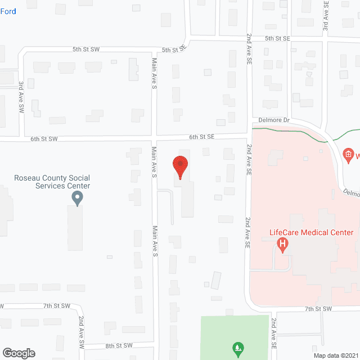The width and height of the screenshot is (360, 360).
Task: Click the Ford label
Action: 8,11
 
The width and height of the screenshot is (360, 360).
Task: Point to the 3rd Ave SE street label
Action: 326,16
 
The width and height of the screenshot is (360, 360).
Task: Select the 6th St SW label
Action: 44,138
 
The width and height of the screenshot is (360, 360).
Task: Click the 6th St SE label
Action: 201,137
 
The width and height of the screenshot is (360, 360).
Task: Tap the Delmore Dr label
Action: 274,120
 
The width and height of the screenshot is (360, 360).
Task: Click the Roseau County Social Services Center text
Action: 52,182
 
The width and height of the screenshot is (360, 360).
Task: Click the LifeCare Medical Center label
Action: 311,232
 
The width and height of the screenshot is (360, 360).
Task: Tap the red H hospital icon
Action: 283,244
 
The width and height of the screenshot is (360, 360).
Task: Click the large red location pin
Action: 180,167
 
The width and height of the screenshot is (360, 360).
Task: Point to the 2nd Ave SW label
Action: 82,331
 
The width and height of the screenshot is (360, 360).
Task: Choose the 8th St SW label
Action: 118,345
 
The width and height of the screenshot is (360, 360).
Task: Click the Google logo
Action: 19,353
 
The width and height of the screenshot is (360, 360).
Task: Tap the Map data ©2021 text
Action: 335,355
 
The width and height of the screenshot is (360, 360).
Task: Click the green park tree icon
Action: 238,348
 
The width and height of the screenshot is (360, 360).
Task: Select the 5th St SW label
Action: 86,49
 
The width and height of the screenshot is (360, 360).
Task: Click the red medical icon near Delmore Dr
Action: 348,154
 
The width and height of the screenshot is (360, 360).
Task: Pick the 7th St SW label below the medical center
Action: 319,309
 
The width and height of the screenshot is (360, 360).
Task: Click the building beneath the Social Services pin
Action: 75,227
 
